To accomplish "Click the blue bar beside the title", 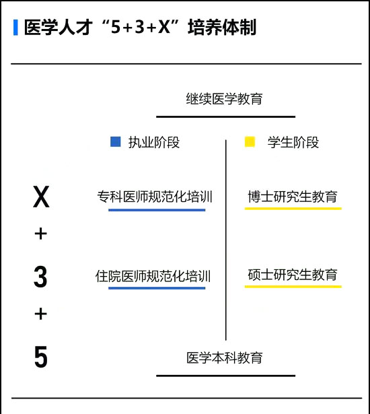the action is tap(15, 27).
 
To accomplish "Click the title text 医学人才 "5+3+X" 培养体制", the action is tap(140, 27).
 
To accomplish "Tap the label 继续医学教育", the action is tap(224, 99).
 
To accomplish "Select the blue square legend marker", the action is tap(115, 141).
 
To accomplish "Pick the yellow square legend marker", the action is tap(250, 141).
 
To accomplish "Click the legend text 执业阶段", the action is tap(154, 142).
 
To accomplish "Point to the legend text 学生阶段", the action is tap(293, 142).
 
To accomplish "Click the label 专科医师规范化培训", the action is tap(155, 197).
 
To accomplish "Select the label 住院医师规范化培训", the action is tap(153, 276).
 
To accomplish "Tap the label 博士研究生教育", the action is tap(293, 197).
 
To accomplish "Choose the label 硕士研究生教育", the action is tap(293, 275).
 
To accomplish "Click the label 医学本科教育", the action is tap(225, 357).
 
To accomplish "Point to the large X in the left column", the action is tap(41, 197).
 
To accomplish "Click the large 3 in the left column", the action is tap(40, 277).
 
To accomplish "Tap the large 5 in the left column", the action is tap(41, 357).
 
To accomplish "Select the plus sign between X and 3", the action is tap(40, 234).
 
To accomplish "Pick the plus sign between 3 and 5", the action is tap(40, 314).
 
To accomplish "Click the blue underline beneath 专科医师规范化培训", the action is tap(157, 210).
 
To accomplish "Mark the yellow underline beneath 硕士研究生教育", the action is tap(293, 287).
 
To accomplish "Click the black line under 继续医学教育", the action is tap(225, 116).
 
